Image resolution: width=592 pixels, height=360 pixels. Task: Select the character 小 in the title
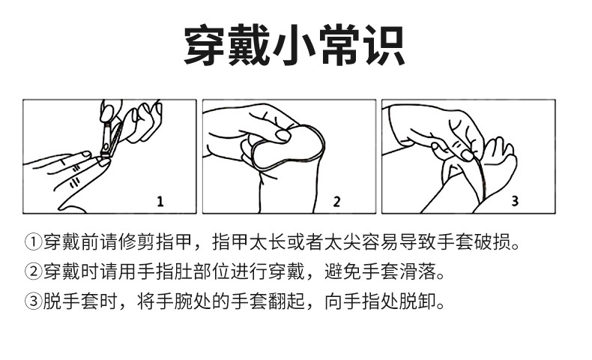(294, 45)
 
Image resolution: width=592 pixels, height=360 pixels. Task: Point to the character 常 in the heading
(338, 45)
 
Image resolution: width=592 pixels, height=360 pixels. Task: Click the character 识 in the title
(383, 45)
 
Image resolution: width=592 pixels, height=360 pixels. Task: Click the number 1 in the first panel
(160, 202)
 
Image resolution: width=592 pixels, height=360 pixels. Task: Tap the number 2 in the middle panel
(336, 202)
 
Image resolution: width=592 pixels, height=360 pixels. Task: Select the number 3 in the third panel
(515, 200)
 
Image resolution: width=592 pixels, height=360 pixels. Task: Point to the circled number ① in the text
(33, 241)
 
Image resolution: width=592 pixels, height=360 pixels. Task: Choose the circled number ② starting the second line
(33, 271)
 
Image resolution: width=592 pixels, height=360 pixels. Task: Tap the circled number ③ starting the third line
(33, 301)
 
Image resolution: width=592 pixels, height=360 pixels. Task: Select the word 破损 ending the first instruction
(492, 241)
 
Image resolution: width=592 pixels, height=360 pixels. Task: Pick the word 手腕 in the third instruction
(173, 301)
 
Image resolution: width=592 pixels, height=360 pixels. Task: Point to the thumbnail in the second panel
(283, 136)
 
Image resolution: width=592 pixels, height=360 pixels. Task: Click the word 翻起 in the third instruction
(286, 301)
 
